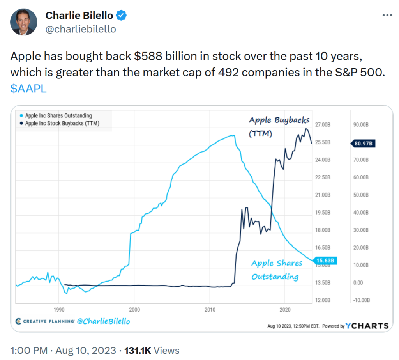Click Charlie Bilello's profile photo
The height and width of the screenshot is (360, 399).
tap(24, 22)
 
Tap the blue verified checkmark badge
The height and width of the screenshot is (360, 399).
tap(122, 16)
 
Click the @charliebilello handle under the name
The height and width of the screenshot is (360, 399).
tap(81, 29)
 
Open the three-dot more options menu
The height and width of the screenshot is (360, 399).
tap(387, 15)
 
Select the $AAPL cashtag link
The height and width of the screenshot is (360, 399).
tap(28, 88)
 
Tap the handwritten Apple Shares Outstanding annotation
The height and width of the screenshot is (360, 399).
tap(277, 270)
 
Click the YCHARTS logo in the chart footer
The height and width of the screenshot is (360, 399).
tap(367, 326)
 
